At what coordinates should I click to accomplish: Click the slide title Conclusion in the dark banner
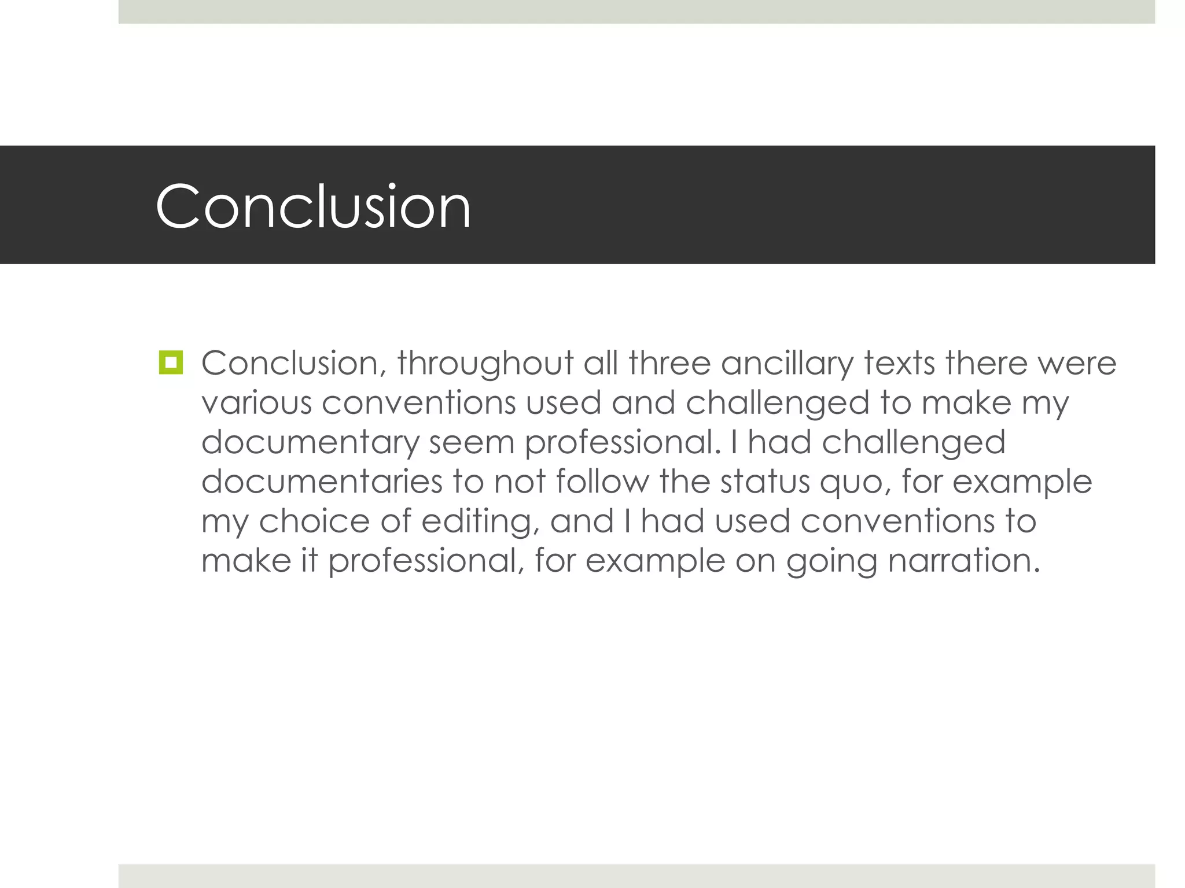[x=313, y=206]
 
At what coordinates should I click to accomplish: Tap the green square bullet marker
[x=171, y=362]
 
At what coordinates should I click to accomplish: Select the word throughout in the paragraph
[x=485, y=364]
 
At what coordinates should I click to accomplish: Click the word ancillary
[x=787, y=364]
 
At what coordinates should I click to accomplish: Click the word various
[x=256, y=403]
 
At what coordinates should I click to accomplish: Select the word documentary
[x=310, y=443]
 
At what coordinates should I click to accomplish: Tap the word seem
[x=472, y=443]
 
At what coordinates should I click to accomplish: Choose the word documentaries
[x=322, y=482]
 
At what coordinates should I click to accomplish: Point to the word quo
[x=855, y=483]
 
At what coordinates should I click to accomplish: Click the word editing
[x=476, y=521]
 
